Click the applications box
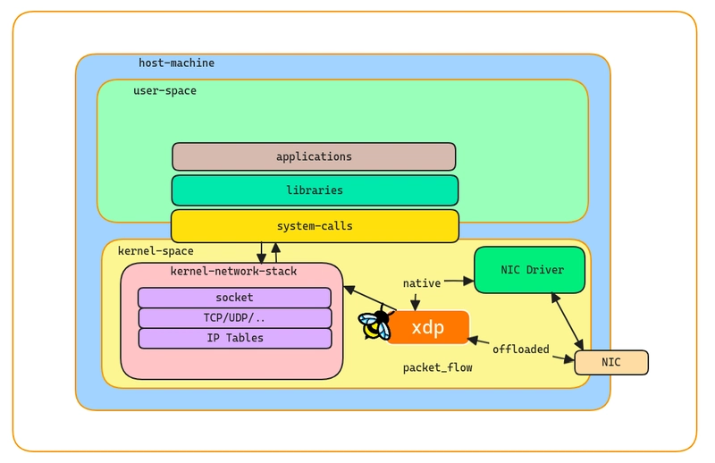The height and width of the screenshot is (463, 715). point(314,156)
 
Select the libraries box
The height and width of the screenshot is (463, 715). point(315,190)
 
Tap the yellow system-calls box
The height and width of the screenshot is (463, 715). point(315,226)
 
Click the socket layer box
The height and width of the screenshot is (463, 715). point(234,298)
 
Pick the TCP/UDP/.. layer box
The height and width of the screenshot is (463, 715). point(234,318)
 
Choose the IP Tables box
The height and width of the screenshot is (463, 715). point(235,338)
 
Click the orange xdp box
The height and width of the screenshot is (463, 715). point(428,327)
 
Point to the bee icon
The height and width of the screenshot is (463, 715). point(375,324)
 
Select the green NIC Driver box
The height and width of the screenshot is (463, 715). point(529,270)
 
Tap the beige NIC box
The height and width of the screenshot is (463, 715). point(611,362)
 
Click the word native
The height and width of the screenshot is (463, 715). point(422,283)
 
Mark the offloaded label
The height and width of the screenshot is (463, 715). point(521,349)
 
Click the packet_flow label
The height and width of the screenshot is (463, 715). point(437,367)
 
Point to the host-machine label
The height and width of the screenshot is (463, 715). point(176,63)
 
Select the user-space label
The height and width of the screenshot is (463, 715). point(164,91)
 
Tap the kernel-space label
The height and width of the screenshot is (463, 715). point(156,251)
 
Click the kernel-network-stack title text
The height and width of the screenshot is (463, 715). point(233,272)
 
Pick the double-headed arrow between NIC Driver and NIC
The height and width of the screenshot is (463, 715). point(568,322)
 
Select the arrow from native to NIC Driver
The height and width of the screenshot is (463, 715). point(458,281)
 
